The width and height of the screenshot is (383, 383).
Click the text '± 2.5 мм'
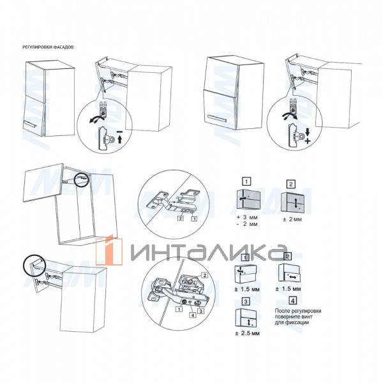(x=246, y=333)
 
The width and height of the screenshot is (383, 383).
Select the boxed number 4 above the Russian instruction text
(x=291, y=300)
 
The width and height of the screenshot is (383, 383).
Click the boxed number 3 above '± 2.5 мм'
(x=245, y=300)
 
